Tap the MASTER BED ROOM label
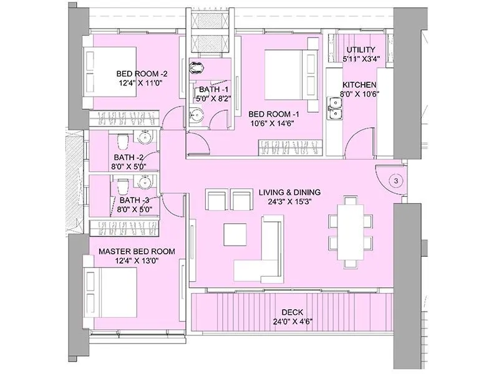(137, 251)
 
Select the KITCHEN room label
(359, 85)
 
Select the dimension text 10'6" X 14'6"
(271, 123)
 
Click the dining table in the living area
(350, 231)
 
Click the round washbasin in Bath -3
(145, 182)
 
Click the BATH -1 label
(209, 89)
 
